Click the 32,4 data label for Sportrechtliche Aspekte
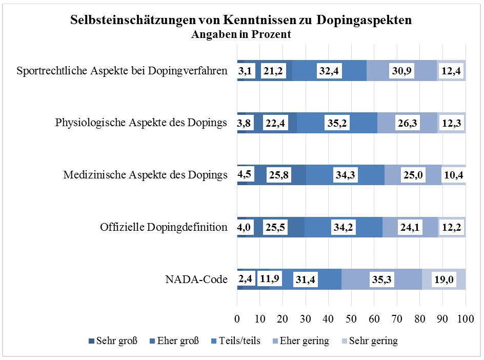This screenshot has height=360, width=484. click(329, 71)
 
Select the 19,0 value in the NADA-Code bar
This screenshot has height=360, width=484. click(444, 279)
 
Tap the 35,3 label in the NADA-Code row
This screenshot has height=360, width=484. click(381, 279)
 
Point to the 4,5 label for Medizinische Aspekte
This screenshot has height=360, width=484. click(245, 174)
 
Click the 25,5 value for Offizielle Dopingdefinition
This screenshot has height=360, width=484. click(275, 227)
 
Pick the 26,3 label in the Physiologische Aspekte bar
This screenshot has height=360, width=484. click(407, 123)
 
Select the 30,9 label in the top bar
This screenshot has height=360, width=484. click(401, 71)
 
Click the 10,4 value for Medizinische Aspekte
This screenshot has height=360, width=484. click(453, 175)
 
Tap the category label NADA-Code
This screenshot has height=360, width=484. click(196, 279)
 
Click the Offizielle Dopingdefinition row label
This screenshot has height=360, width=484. click(164, 227)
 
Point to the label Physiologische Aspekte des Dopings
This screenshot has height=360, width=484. click(141, 123)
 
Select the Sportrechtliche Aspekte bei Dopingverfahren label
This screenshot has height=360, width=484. click(122, 71)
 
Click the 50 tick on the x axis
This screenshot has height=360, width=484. click(351, 318)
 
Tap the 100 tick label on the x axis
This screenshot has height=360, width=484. click(466, 318)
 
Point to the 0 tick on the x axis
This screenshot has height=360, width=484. click(237, 318)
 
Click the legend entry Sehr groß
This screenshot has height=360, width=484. click(113, 341)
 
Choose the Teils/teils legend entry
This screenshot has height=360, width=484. click(236, 341)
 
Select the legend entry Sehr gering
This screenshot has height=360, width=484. click(370, 341)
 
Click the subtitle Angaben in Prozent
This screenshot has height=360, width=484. click(241, 34)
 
